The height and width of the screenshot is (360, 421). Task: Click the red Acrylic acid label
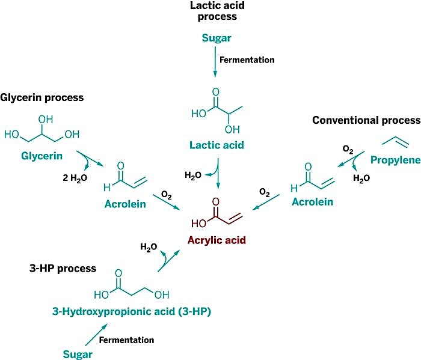(217, 240)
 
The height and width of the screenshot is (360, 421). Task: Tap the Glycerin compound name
(41, 156)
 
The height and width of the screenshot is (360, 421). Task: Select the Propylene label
(396, 160)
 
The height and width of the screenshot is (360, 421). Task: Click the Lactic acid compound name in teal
(217, 145)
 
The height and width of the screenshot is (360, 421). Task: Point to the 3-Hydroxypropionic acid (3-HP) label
(132, 311)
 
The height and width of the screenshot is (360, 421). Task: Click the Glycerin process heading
(42, 97)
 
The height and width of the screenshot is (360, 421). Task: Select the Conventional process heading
(366, 120)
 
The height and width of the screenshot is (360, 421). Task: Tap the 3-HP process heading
(63, 268)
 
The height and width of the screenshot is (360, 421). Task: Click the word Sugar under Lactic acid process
(217, 38)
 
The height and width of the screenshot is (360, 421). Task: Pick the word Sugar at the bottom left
(78, 355)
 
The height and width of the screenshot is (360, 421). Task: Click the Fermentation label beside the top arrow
(247, 59)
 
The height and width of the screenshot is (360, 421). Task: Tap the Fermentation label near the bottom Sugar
(126, 340)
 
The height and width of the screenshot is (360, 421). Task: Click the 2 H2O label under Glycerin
(75, 178)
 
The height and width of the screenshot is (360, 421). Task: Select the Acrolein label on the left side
(125, 204)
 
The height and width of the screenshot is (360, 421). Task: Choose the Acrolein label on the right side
(312, 202)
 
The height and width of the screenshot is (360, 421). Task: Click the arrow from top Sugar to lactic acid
(215, 62)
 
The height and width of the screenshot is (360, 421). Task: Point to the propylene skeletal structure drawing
(395, 142)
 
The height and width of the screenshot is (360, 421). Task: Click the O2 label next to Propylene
(348, 150)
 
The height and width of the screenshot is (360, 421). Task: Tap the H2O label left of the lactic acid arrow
(193, 175)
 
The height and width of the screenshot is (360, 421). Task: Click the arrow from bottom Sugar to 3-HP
(96, 335)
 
